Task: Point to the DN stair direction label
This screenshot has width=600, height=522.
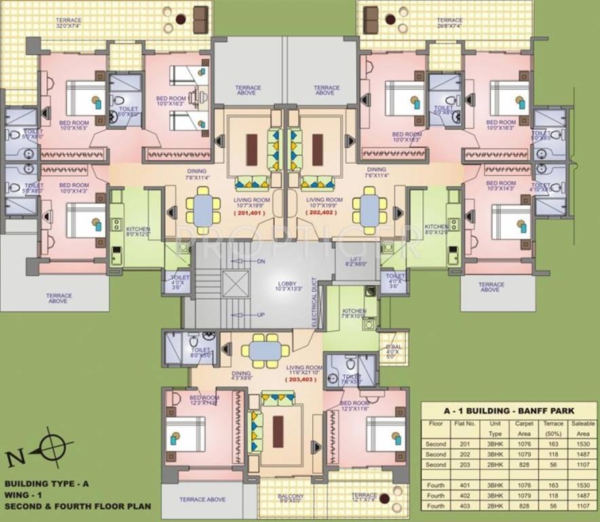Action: pos(260,261)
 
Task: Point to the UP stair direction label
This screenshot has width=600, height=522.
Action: pos(260,315)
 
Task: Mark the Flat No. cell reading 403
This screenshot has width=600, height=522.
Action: pos(467,507)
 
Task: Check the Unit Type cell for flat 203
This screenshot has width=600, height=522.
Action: pos(494,464)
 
